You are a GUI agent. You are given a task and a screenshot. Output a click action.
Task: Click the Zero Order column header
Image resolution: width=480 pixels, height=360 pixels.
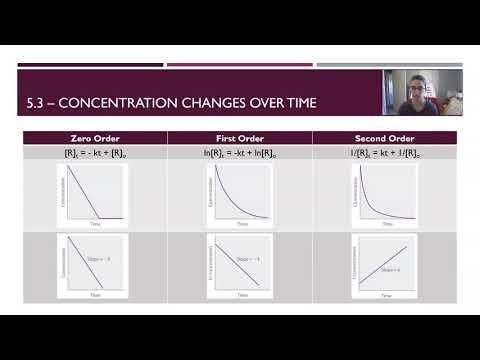tap(93, 138)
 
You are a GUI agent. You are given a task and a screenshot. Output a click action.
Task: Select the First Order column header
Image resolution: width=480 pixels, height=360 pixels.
tap(239, 138)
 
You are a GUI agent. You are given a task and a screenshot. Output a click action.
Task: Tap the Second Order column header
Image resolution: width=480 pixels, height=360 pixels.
tap(384, 138)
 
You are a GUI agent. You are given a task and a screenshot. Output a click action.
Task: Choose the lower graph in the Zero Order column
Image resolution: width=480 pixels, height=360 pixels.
tap(93, 265)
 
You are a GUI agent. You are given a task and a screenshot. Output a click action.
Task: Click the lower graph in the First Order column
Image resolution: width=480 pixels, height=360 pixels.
tap(239, 265)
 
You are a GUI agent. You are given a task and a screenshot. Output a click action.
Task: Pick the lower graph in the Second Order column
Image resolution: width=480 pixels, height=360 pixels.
tap(384, 265)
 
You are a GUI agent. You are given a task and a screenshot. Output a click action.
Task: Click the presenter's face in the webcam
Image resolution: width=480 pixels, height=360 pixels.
tap(418, 88)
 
